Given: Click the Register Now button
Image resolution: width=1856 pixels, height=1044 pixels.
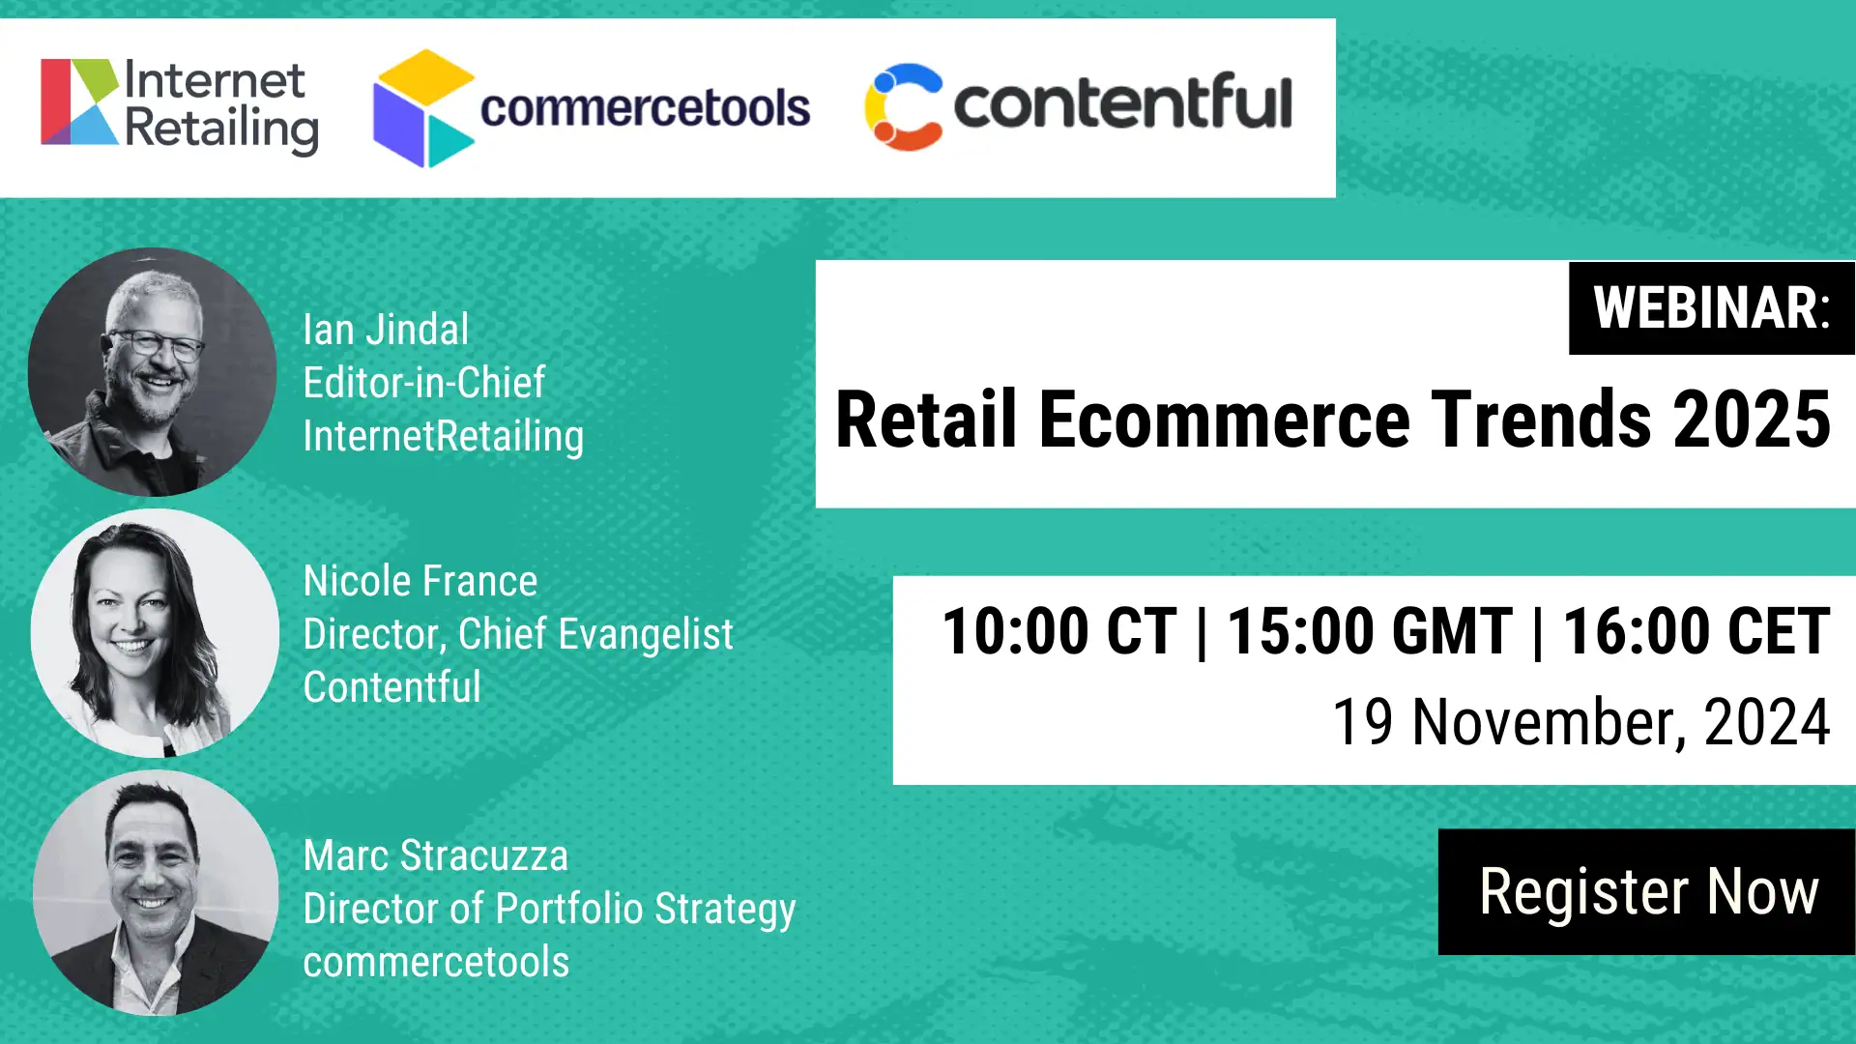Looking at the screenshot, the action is pos(1646,891).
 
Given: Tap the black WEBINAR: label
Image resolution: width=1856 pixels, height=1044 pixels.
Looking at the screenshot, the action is pos(1712,307).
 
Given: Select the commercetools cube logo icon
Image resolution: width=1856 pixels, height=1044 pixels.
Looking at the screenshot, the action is pos(423,108).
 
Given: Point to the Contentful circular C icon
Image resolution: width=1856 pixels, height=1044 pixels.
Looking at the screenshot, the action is pos(903,106).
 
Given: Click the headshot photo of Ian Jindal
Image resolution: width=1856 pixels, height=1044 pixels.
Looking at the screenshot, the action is pos(153,372).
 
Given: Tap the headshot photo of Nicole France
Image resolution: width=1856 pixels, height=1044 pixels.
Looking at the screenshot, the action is pos(155,633).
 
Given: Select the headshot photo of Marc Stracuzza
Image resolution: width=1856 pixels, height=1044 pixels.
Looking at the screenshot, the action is pos(156,892).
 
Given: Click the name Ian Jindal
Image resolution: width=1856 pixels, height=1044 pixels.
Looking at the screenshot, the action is pos(386,330).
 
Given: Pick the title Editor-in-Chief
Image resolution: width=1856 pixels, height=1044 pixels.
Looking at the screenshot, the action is pos(423,383).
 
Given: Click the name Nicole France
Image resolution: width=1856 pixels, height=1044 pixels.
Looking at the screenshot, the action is pos(420,581).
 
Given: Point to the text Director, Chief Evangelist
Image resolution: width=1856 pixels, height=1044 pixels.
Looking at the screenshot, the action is pos(518,634).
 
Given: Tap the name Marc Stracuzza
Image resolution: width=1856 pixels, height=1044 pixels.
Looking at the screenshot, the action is pos(435,855).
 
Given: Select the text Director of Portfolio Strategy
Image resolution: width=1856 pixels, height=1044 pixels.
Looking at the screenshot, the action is pos(549,910).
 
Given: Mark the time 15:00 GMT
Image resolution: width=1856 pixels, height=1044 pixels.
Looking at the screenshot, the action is pos(1369,631).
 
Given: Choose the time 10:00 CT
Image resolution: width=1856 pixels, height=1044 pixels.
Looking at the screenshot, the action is pos(1059,631).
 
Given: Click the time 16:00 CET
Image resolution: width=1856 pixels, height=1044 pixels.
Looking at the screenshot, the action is pos(1696,631).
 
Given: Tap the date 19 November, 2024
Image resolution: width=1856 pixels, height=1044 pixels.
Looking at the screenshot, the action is pos(1581,722).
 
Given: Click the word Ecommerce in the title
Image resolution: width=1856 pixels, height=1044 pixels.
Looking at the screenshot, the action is pos(1225,420).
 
